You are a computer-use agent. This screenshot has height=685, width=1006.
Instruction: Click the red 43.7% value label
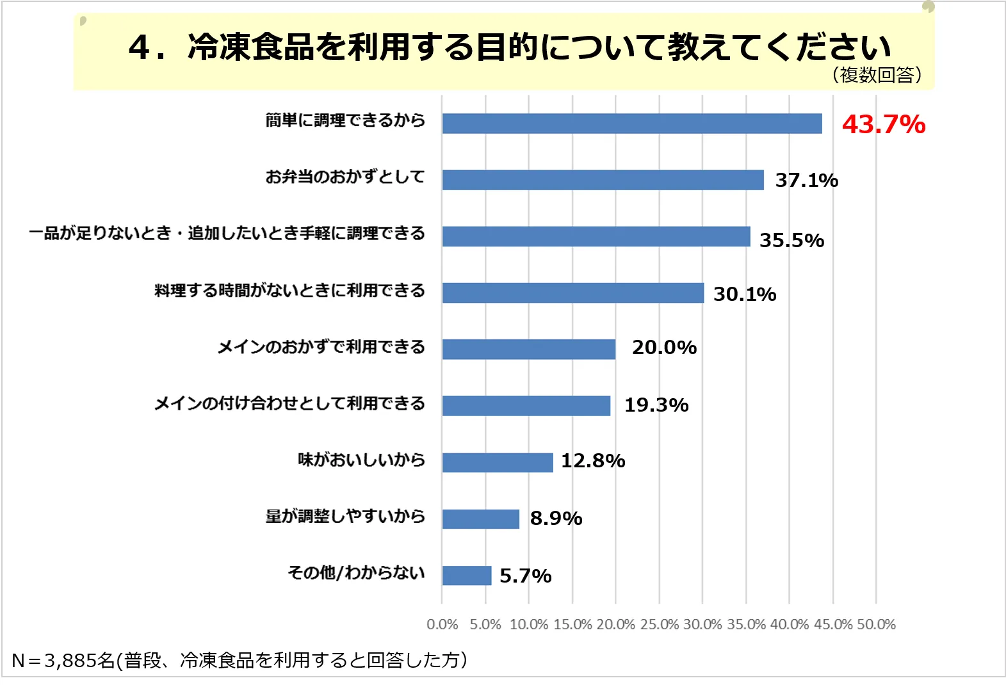(x=883, y=124)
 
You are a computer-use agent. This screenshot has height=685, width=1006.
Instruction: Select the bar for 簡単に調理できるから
(x=631, y=124)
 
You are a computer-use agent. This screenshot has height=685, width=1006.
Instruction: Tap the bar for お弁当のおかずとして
(x=603, y=180)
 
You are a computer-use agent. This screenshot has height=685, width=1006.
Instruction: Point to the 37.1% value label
(x=806, y=181)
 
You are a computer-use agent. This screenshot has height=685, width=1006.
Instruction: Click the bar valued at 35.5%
(x=596, y=236)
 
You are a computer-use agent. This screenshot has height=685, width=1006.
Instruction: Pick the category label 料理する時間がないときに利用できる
(x=289, y=291)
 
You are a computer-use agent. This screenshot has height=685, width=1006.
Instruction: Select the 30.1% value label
(x=744, y=294)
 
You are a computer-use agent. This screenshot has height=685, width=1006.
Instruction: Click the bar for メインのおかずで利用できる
(x=528, y=350)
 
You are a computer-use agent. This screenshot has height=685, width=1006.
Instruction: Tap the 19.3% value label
(x=656, y=405)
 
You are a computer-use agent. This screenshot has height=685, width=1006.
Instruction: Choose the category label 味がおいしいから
(x=361, y=460)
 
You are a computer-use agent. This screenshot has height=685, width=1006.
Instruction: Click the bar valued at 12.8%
(x=497, y=462)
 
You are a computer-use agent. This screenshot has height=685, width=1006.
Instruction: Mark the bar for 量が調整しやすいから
(x=480, y=519)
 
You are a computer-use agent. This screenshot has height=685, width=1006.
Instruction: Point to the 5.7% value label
(x=525, y=576)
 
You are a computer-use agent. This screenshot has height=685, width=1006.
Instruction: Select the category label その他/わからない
(x=356, y=572)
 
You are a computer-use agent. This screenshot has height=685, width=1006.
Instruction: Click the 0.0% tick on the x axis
(x=442, y=625)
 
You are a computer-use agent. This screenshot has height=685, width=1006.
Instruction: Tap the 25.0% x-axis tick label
(x=659, y=625)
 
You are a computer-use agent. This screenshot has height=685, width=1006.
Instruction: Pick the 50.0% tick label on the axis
(x=876, y=625)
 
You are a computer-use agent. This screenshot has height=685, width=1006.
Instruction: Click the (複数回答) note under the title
(x=877, y=76)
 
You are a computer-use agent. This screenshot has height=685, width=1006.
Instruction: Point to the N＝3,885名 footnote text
(x=63, y=660)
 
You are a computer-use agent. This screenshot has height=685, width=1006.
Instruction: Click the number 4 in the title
(x=139, y=48)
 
